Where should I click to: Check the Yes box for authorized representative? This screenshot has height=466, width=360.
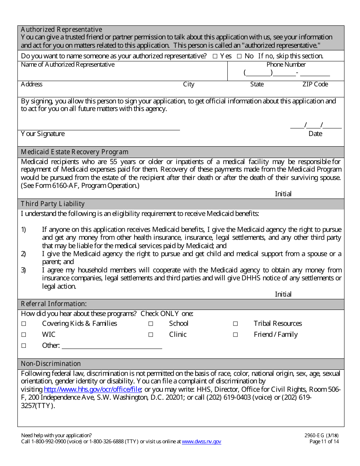215,56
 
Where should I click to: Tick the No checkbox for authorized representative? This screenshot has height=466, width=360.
239,56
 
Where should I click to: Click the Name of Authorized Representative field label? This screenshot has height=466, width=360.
67,64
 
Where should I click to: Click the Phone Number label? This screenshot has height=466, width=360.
286,64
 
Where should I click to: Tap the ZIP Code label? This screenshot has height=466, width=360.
315,84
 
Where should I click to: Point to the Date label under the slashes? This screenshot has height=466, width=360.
315,134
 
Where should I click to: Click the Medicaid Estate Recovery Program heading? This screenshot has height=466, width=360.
75,152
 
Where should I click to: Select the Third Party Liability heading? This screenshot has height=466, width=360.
53,204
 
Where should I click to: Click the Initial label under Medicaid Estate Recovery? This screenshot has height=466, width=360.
283,194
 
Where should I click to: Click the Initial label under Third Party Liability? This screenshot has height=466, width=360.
283,294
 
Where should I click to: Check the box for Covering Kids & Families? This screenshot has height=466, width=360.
23,324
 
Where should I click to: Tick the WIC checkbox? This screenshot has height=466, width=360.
23,335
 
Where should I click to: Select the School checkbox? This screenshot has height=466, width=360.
150,324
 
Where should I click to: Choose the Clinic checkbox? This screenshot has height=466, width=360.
150,335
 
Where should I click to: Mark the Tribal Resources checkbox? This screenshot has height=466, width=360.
235,324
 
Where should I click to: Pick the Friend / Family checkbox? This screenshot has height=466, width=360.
235,335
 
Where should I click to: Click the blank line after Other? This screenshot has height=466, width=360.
112,346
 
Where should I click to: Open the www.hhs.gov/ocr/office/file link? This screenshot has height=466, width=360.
93,389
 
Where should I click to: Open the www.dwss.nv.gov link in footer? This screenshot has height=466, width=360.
201,441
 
